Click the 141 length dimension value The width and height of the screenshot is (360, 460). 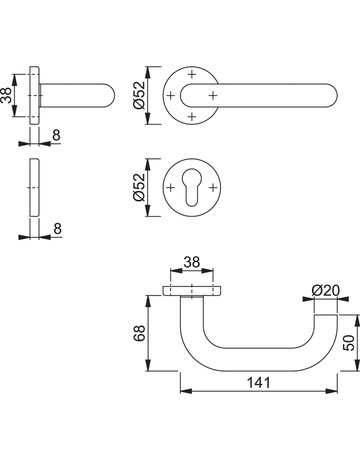click(x=259, y=382)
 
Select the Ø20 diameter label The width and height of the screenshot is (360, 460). click(x=325, y=291)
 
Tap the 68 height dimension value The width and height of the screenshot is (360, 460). click(x=139, y=333)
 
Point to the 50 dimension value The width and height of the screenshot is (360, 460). click(x=349, y=343)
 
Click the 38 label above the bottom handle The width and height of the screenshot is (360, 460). click(x=192, y=262)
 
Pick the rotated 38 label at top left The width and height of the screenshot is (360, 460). click(x=6, y=95)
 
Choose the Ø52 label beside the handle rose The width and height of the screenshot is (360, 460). click(x=139, y=95)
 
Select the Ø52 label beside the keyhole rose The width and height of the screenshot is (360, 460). click(x=139, y=187)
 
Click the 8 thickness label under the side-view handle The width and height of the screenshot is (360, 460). click(x=57, y=135)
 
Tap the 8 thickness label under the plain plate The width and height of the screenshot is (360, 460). click(x=57, y=229)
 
